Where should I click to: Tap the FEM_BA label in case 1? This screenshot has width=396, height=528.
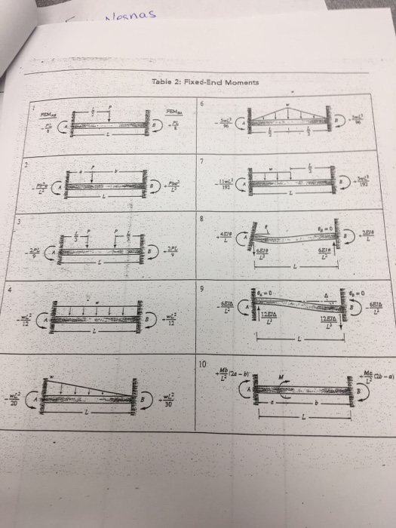pyautogui.click(x=175, y=112)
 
